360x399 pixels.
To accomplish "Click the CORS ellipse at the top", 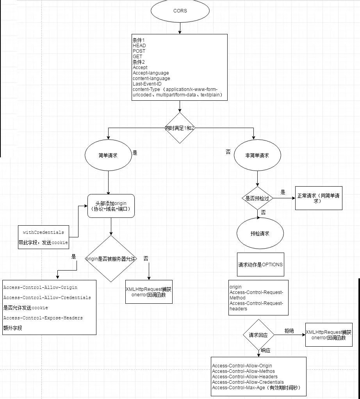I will (180, 11).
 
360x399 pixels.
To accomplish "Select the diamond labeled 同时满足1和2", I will (180, 128).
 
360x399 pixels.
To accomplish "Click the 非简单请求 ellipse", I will (257, 155).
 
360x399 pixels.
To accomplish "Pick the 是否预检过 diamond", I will (257, 198).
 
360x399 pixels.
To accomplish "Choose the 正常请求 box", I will (318, 198).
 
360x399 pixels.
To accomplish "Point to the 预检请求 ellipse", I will (260, 233).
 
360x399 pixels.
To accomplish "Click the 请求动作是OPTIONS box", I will (260, 264).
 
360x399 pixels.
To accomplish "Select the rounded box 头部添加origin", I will (111, 206).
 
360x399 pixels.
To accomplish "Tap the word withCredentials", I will (43, 232).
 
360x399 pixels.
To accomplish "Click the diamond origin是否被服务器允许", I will (111, 258).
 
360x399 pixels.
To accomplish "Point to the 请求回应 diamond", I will (258, 335).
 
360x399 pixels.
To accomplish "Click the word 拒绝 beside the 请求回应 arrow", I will (289, 331).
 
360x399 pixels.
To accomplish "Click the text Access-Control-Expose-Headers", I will (43, 318).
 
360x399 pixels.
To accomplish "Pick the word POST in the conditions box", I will (139, 51).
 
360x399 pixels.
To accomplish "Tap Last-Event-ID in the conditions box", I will (147, 84).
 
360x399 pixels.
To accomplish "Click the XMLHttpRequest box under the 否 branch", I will (148, 292).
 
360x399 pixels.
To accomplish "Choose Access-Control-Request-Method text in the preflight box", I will (256, 295).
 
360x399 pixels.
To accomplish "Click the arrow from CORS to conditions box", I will (180, 28).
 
